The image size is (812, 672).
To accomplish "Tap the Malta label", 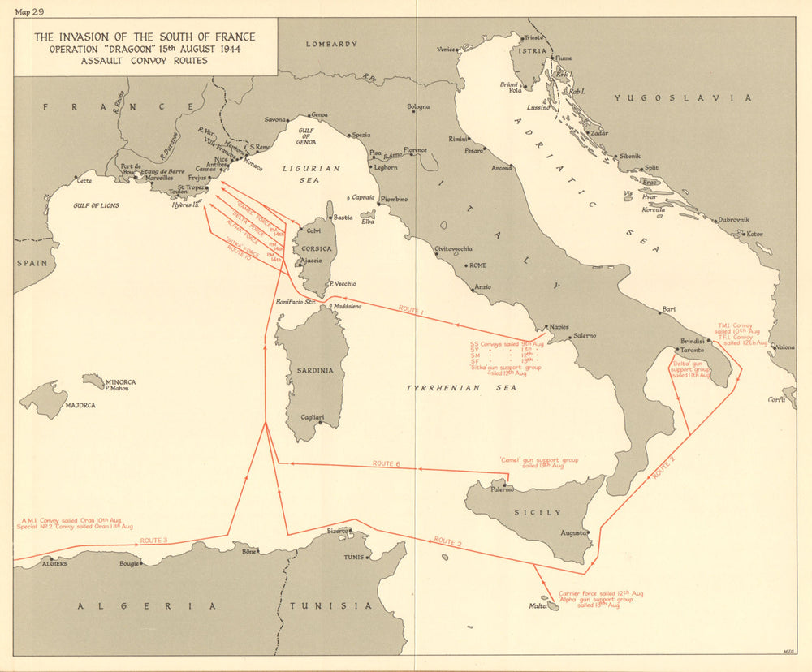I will (538, 605).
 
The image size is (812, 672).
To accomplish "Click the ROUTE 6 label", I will (387, 463).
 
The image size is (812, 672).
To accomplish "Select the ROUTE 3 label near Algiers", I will (153, 541).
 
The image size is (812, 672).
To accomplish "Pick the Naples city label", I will (559, 327).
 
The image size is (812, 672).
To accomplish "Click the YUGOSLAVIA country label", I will (682, 98).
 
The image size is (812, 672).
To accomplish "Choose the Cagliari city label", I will (313, 417).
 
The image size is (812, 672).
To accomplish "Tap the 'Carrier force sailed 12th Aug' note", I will (601, 593).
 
